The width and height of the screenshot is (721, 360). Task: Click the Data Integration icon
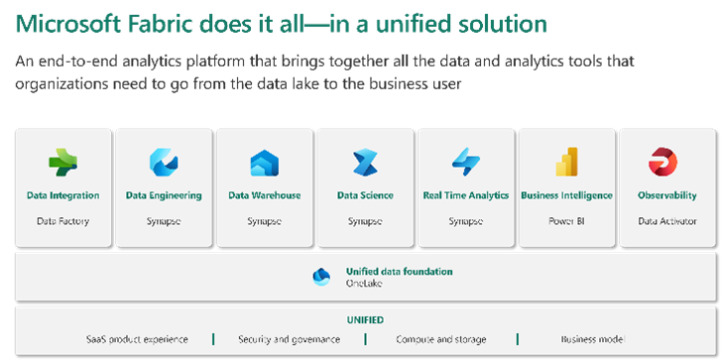(63, 162)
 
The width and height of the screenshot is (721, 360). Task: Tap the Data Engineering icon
(164, 162)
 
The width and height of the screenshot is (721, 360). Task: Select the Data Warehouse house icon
(264, 162)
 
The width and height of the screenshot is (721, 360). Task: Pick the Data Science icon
(365, 162)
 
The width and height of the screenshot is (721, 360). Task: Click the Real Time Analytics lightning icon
(465, 162)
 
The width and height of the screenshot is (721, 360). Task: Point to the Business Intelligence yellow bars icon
(566, 162)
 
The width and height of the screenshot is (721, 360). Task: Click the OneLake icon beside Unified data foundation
(321, 277)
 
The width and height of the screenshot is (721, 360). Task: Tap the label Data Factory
(63, 220)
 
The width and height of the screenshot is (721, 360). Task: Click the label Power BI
(566, 220)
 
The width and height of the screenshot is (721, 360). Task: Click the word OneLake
(363, 283)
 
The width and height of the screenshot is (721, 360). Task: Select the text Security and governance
(289, 339)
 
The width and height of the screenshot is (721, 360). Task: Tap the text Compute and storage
(442, 339)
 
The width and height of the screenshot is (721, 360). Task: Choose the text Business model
(592, 339)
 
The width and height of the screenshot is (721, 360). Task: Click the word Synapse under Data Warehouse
(264, 220)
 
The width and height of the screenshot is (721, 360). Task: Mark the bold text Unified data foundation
(399, 271)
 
